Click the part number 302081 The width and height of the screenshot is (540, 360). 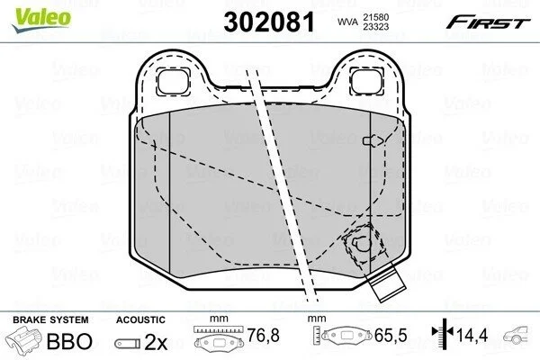[x=269, y=22]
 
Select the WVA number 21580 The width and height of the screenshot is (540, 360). [x=375, y=17]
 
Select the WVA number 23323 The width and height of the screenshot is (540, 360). [x=375, y=26]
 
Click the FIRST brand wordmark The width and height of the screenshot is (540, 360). [x=488, y=22]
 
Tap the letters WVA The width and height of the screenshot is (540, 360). [x=347, y=22]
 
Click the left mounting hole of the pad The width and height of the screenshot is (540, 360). [x=173, y=82]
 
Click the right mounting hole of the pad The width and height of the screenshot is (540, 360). [x=367, y=82]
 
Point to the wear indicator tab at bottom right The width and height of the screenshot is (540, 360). [x=387, y=284]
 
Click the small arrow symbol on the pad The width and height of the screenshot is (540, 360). [x=373, y=140]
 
